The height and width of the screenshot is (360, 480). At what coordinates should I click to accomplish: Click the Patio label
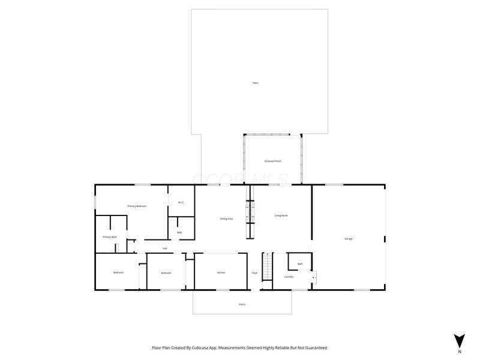256,83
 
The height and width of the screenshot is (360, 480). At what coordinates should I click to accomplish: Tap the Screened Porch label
273,161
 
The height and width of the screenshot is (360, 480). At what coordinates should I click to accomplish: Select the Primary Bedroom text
137,206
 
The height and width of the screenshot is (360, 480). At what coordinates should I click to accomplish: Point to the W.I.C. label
181,202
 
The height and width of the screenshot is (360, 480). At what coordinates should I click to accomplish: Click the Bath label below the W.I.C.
179,232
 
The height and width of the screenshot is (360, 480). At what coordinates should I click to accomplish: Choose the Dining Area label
226,219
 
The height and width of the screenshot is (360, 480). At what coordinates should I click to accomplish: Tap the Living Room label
281,215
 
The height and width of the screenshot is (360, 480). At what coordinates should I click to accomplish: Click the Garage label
348,239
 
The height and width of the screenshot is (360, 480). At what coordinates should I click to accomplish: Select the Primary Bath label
110,237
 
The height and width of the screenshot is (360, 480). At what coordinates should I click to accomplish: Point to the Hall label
164,248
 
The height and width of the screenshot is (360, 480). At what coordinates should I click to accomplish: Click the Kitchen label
221,273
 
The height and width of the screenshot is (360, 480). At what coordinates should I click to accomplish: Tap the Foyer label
254,273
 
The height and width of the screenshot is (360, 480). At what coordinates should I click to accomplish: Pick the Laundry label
289,277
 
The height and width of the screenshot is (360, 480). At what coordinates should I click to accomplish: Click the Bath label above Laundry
300,264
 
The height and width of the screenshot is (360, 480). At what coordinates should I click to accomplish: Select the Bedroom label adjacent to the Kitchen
166,273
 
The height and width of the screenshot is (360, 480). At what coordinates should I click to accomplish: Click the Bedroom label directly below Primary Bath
118,272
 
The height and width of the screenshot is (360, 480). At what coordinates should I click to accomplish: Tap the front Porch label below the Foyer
242,304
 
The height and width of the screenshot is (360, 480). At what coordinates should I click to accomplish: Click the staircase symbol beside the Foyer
268,264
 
